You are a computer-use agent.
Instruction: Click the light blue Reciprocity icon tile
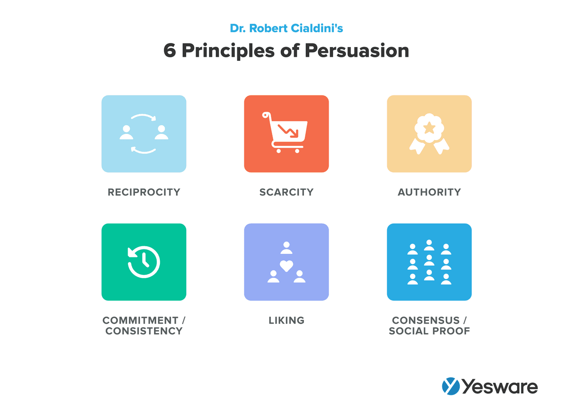[144, 134]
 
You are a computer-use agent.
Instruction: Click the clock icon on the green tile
[144, 262]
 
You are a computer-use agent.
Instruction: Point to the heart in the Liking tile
[286, 265]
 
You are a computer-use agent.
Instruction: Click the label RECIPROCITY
[144, 192]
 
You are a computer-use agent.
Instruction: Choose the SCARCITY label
[286, 192]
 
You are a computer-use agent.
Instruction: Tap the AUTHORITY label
[429, 192]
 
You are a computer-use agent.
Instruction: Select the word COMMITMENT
[140, 321]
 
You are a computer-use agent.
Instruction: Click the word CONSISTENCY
[144, 331]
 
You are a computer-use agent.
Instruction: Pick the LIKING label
[286, 321]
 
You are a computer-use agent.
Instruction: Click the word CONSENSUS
[425, 321]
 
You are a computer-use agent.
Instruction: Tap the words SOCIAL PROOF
[429, 331]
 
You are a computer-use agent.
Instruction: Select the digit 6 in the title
[170, 51]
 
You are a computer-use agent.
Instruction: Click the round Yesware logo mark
[451, 386]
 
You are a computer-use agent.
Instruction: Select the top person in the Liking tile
[286, 248]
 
